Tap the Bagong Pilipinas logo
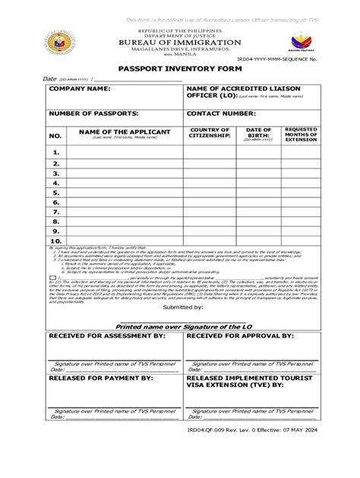[302, 42]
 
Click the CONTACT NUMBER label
[221, 113]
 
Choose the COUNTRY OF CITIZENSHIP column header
[210, 133]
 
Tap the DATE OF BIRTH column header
[258, 133]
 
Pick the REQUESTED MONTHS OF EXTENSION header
[301, 135]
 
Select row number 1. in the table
[55, 152]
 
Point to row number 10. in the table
[55, 241]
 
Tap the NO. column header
[55, 136]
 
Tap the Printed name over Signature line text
[181, 322]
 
